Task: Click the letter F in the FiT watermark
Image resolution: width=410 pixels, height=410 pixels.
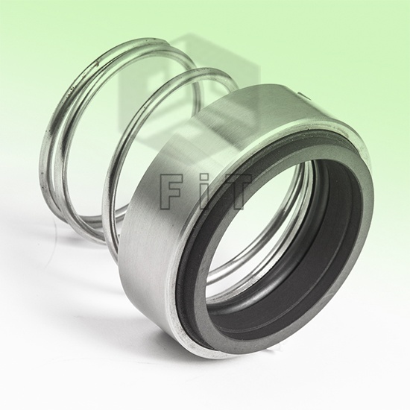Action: click(167, 192)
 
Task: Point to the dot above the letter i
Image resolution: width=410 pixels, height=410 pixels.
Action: click(203, 178)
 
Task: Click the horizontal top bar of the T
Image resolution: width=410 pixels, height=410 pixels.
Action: click(236, 179)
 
